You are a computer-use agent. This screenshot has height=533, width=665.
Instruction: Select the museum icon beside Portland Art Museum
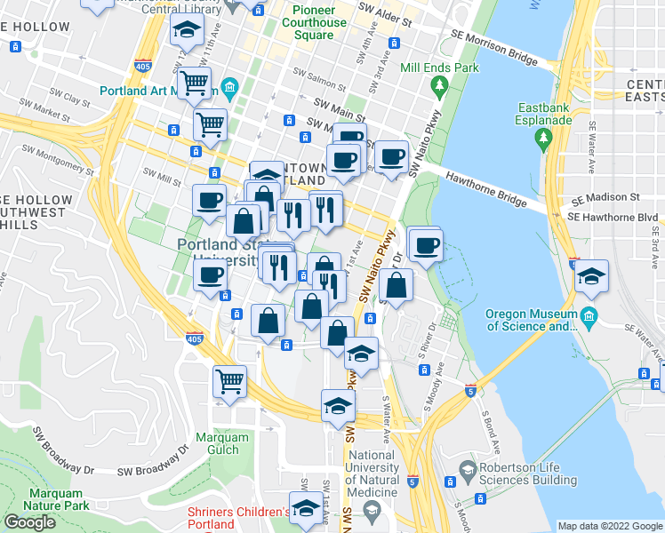[x=229, y=87]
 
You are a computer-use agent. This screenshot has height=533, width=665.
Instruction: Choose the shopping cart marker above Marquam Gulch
[x=229, y=382]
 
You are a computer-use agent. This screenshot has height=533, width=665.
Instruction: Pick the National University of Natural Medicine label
[x=372, y=473]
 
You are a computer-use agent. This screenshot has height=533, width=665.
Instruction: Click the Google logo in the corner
[x=29, y=521]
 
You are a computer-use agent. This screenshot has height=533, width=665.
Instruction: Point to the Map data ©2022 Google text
[x=609, y=526]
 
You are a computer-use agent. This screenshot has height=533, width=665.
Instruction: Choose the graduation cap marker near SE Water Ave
[x=590, y=276]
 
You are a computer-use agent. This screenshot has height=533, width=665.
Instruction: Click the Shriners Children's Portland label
[x=238, y=518]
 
